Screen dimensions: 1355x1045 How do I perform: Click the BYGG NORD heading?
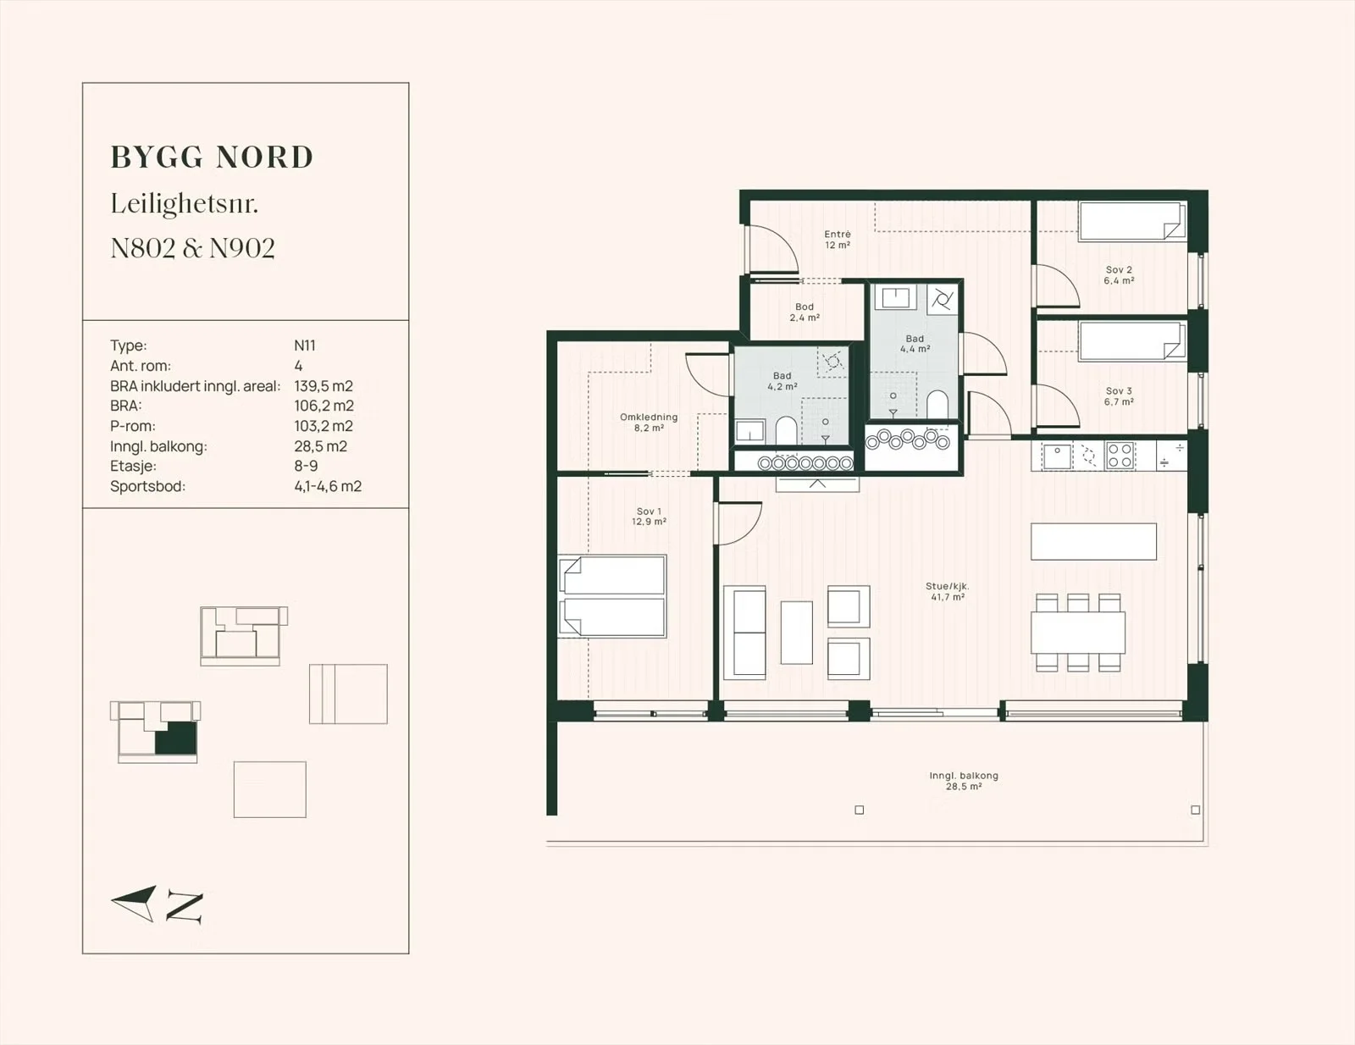click(212, 158)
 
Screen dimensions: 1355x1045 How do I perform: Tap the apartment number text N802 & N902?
click(193, 248)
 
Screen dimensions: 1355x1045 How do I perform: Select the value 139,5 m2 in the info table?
click(324, 386)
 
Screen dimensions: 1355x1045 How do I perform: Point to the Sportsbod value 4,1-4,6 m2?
click(328, 486)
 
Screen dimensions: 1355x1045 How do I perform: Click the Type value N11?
click(305, 346)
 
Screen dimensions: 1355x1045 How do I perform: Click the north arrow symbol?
click(134, 903)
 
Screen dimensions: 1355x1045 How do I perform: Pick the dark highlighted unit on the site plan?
click(176, 738)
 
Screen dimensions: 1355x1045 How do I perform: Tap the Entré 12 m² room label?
click(838, 240)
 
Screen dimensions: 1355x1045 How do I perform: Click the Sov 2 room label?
click(1119, 275)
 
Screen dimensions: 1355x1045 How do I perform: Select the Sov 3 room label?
click(1119, 396)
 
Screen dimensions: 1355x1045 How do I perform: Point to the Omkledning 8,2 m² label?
click(649, 422)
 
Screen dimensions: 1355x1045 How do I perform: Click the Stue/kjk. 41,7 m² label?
click(948, 591)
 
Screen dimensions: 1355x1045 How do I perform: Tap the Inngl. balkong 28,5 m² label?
click(964, 781)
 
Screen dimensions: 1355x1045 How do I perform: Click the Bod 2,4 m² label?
click(805, 312)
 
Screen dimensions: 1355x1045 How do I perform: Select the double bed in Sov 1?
click(612, 596)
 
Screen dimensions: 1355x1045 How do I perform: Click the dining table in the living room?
click(1078, 633)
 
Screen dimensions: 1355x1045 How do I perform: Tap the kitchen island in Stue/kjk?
click(1093, 541)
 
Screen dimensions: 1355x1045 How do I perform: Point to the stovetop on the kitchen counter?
click(1120, 455)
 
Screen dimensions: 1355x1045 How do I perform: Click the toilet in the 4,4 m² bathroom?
click(937, 404)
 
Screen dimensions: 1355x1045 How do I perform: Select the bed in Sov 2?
click(1132, 221)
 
